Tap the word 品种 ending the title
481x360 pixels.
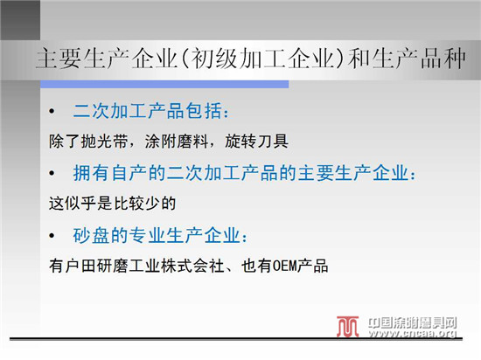pyautogui.click(x=443, y=59)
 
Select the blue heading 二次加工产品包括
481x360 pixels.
pyautogui.click(x=147, y=111)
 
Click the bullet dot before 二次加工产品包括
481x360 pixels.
pyautogui.click(x=52, y=111)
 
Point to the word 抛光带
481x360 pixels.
pyautogui.click(x=105, y=142)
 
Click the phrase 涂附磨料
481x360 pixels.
pyautogui.click(x=177, y=142)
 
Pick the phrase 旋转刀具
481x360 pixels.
pyautogui.click(x=256, y=142)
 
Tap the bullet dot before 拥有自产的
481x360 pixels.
pyautogui.click(x=52, y=173)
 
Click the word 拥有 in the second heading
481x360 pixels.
pyautogui.click(x=91, y=173)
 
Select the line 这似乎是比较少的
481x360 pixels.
pyautogui.click(x=113, y=203)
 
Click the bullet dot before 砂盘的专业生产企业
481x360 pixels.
pyautogui.click(x=52, y=236)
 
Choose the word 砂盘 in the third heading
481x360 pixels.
pyautogui.click(x=91, y=235)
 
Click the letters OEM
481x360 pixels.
pyautogui.click(x=285, y=266)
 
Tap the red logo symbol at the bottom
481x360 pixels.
pyautogui.click(x=347, y=326)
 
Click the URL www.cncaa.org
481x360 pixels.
pyautogui.click(x=413, y=333)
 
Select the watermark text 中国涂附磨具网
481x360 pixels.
pyautogui.click(x=413, y=323)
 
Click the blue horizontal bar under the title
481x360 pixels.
pyautogui.click(x=164, y=84)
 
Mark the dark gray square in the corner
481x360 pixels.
pyautogui.click(x=20, y=20)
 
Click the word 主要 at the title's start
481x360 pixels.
pyautogui.click(x=59, y=59)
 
